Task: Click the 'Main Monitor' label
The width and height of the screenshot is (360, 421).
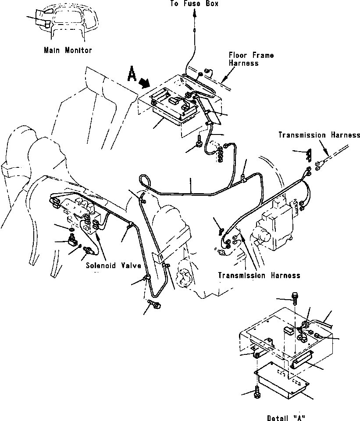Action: tap(68, 50)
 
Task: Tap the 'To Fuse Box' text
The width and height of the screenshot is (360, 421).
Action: tap(194, 4)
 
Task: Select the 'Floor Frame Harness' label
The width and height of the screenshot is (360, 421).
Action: tap(251, 59)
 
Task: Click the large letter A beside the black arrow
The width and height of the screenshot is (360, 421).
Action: tap(132, 74)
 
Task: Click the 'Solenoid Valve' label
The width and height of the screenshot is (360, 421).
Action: tap(114, 265)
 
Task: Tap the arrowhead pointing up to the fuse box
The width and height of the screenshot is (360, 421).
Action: tap(195, 13)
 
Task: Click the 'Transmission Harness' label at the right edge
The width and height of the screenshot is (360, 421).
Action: tap(319, 135)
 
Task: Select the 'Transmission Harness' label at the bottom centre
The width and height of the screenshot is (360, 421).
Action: tap(259, 275)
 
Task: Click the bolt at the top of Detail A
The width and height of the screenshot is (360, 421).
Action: tap(294, 297)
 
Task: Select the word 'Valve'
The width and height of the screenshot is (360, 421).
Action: tap(131, 265)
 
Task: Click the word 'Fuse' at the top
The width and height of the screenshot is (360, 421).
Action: tap(192, 4)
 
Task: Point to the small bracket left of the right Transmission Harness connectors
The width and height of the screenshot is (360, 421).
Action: tap(309, 155)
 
